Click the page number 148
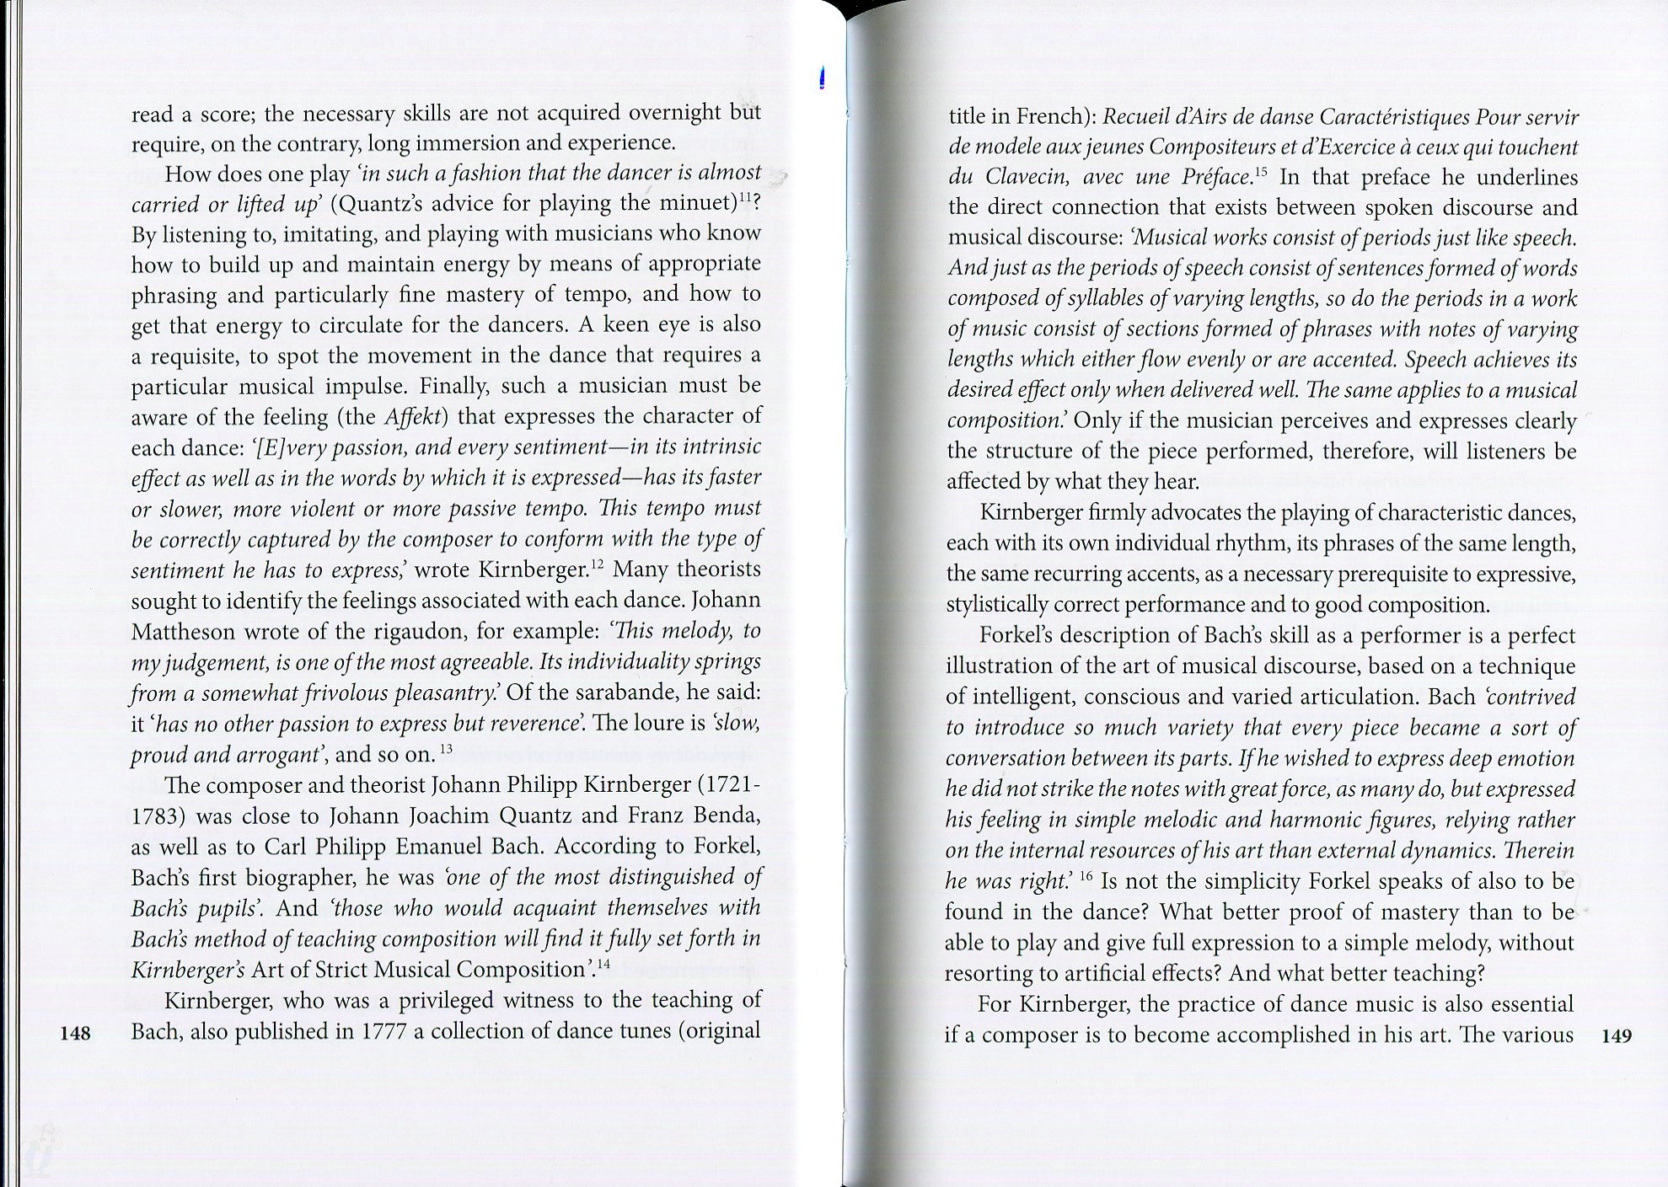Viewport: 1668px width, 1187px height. pos(76,1034)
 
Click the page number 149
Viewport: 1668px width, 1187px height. pos(1617,1035)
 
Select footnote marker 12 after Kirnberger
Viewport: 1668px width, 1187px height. pos(596,564)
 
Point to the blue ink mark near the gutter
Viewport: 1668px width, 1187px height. pos(821,78)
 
